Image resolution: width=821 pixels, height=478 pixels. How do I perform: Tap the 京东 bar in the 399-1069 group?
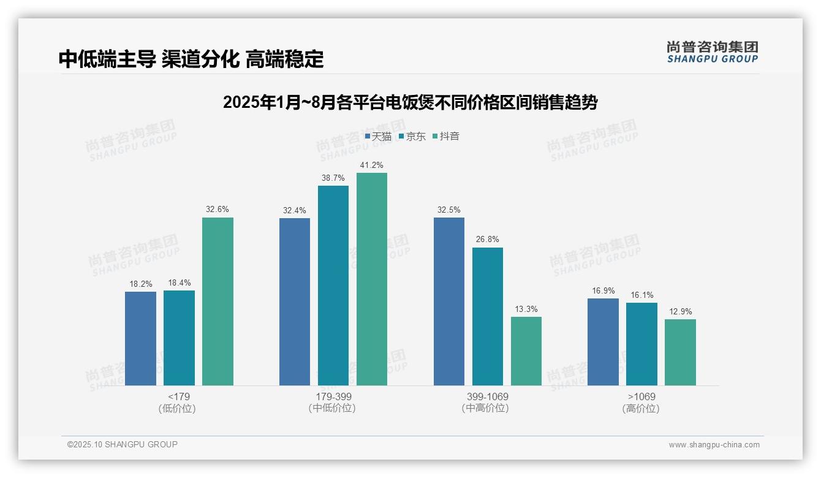tap(488, 316)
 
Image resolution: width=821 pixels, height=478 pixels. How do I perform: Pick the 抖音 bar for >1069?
tap(680, 352)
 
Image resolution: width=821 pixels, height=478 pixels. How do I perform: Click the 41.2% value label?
tap(372, 165)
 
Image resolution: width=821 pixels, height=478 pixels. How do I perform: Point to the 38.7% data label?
tap(333, 178)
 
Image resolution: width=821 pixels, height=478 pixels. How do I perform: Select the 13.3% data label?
tap(526, 309)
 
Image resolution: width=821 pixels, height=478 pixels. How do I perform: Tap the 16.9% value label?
tap(603, 291)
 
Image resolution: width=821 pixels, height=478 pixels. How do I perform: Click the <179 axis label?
tap(178, 396)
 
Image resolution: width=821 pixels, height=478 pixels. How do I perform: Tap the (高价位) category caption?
tap(641, 409)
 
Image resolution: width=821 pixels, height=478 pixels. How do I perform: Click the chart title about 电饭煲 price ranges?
tap(410, 102)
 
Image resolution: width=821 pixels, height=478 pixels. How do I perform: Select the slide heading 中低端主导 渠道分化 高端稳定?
tap(191, 59)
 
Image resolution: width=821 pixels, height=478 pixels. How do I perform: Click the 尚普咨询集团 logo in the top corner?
tap(712, 51)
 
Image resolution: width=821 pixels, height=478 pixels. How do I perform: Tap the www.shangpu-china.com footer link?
tap(714, 445)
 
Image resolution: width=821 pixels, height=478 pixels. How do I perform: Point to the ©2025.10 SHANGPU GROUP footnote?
tap(123, 445)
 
